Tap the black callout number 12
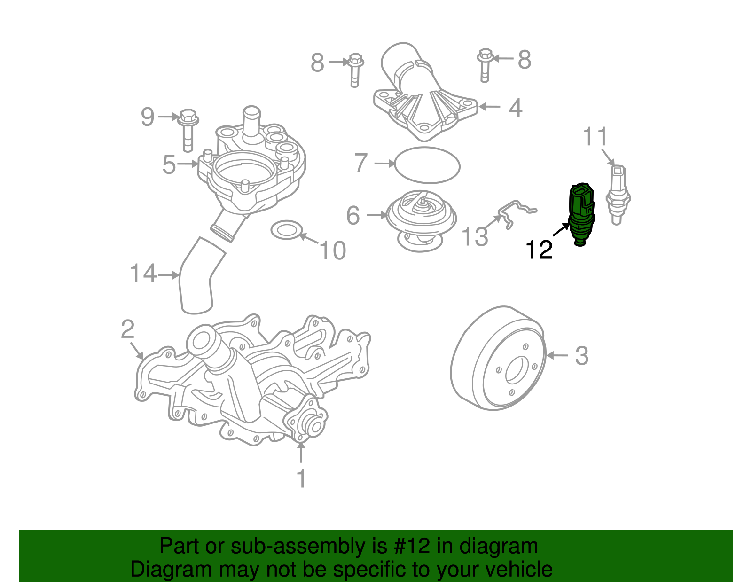pyautogui.click(x=539, y=250)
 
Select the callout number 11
pyautogui.click(x=595, y=137)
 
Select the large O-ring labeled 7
pyautogui.click(x=427, y=165)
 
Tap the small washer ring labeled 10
pyautogui.click(x=286, y=229)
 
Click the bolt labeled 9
pyautogui.click(x=188, y=130)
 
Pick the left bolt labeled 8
pyautogui.click(x=355, y=70)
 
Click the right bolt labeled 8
pyautogui.click(x=485, y=65)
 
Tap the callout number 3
pyautogui.click(x=581, y=356)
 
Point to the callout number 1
pyautogui.click(x=301, y=479)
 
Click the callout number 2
pyautogui.click(x=127, y=329)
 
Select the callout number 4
pyautogui.click(x=516, y=108)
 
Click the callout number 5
pyautogui.click(x=169, y=165)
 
